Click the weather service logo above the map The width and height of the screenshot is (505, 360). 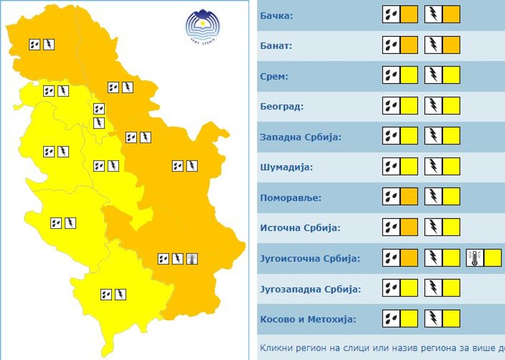tap(201, 27)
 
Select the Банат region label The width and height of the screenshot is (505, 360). tap(277, 45)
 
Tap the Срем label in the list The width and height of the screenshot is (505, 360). tap(274, 76)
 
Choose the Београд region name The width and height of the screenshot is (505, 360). tap(282, 107)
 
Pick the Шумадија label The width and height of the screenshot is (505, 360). tap(286, 168)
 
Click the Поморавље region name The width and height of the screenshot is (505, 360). tap(291, 198)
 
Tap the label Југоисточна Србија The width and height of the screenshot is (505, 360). tap(311, 259)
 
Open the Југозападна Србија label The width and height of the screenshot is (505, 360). tap(310, 289)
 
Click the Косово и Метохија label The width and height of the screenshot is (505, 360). tap(308, 320)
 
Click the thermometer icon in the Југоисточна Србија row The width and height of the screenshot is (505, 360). tap(475, 258)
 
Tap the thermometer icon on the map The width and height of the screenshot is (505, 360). tap(191, 258)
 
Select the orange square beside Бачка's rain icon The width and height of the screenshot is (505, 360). tap(409, 14)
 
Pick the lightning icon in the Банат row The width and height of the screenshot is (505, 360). tap(434, 45)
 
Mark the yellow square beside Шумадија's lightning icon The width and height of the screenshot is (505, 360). tap(452, 166)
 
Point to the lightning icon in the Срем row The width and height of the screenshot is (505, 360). tap(434, 75)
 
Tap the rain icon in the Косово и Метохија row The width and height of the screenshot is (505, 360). tap(391, 318)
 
